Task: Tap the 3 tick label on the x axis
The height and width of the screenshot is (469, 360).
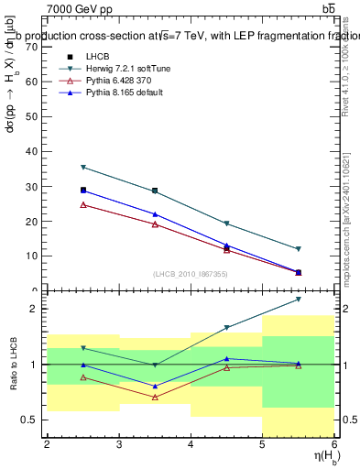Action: [x=119, y=444]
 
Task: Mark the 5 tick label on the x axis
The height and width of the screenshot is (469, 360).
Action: [x=263, y=444]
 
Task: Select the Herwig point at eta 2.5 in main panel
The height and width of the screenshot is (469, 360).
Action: [x=83, y=168]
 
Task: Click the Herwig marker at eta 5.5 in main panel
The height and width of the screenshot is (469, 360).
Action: [x=299, y=249]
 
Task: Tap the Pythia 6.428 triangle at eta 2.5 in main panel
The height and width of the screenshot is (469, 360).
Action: [x=83, y=204]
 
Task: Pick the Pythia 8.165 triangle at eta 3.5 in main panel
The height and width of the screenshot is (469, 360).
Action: [x=155, y=214]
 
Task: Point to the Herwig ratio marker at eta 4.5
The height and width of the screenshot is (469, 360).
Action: [x=227, y=327]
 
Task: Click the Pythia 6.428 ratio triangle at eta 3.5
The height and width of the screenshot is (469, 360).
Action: [x=155, y=397]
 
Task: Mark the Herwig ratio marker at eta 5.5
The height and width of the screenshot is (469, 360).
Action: [x=299, y=300]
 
